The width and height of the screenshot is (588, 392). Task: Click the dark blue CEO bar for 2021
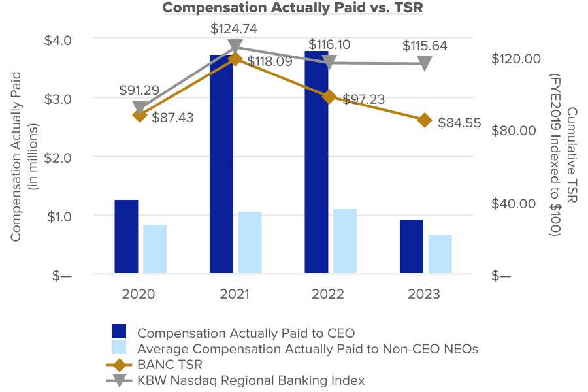[221, 163]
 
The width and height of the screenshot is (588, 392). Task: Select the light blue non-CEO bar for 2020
[155, 249]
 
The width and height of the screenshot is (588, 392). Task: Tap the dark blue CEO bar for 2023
[412, 246]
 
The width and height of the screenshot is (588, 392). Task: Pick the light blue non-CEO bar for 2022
[345, 241]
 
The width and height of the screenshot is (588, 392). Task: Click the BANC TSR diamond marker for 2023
[425, 120]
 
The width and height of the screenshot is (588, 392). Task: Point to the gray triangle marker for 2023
[425, 63]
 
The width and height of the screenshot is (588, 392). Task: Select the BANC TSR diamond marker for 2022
[329, 97]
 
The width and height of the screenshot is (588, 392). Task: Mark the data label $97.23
[361, 99]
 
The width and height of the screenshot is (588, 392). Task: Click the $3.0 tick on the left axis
[59, 98]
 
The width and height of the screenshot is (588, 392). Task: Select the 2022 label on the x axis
[329, 294]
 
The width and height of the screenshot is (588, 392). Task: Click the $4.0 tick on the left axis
[59, 39]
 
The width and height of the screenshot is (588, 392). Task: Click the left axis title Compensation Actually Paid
[16, 157]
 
